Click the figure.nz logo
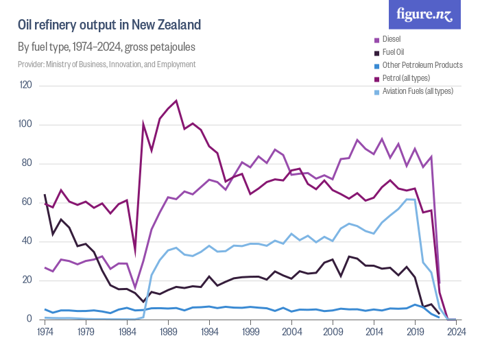pyautogui.click(x=425, y=14)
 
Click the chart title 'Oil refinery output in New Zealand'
pyautogui.click(x=109, y=25)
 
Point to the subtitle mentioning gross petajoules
pyautogui.click(x=106, y=47)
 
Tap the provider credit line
pyautogui.click(x=106, y=64)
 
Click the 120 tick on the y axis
pyautogui.click(x=27, y=86)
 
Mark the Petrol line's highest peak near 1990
pyautogui.click(x=176, y=101)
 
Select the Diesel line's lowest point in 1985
pyautogui.click(x=135, y=288)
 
